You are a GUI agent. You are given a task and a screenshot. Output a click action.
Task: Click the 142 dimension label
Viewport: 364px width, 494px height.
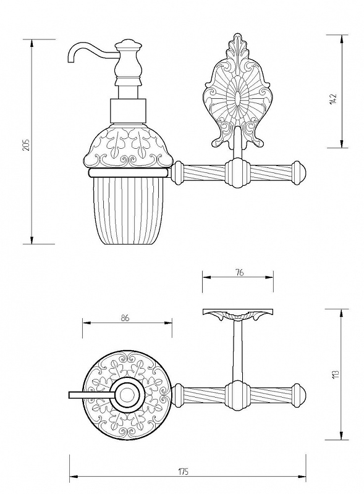[334, 99]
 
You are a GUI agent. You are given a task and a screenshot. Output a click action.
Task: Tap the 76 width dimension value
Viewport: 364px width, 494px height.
[239, 272]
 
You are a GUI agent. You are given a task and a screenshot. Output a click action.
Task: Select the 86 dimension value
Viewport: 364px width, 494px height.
[125, 318]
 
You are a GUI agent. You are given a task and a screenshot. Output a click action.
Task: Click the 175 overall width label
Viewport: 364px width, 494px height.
[184, 471]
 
